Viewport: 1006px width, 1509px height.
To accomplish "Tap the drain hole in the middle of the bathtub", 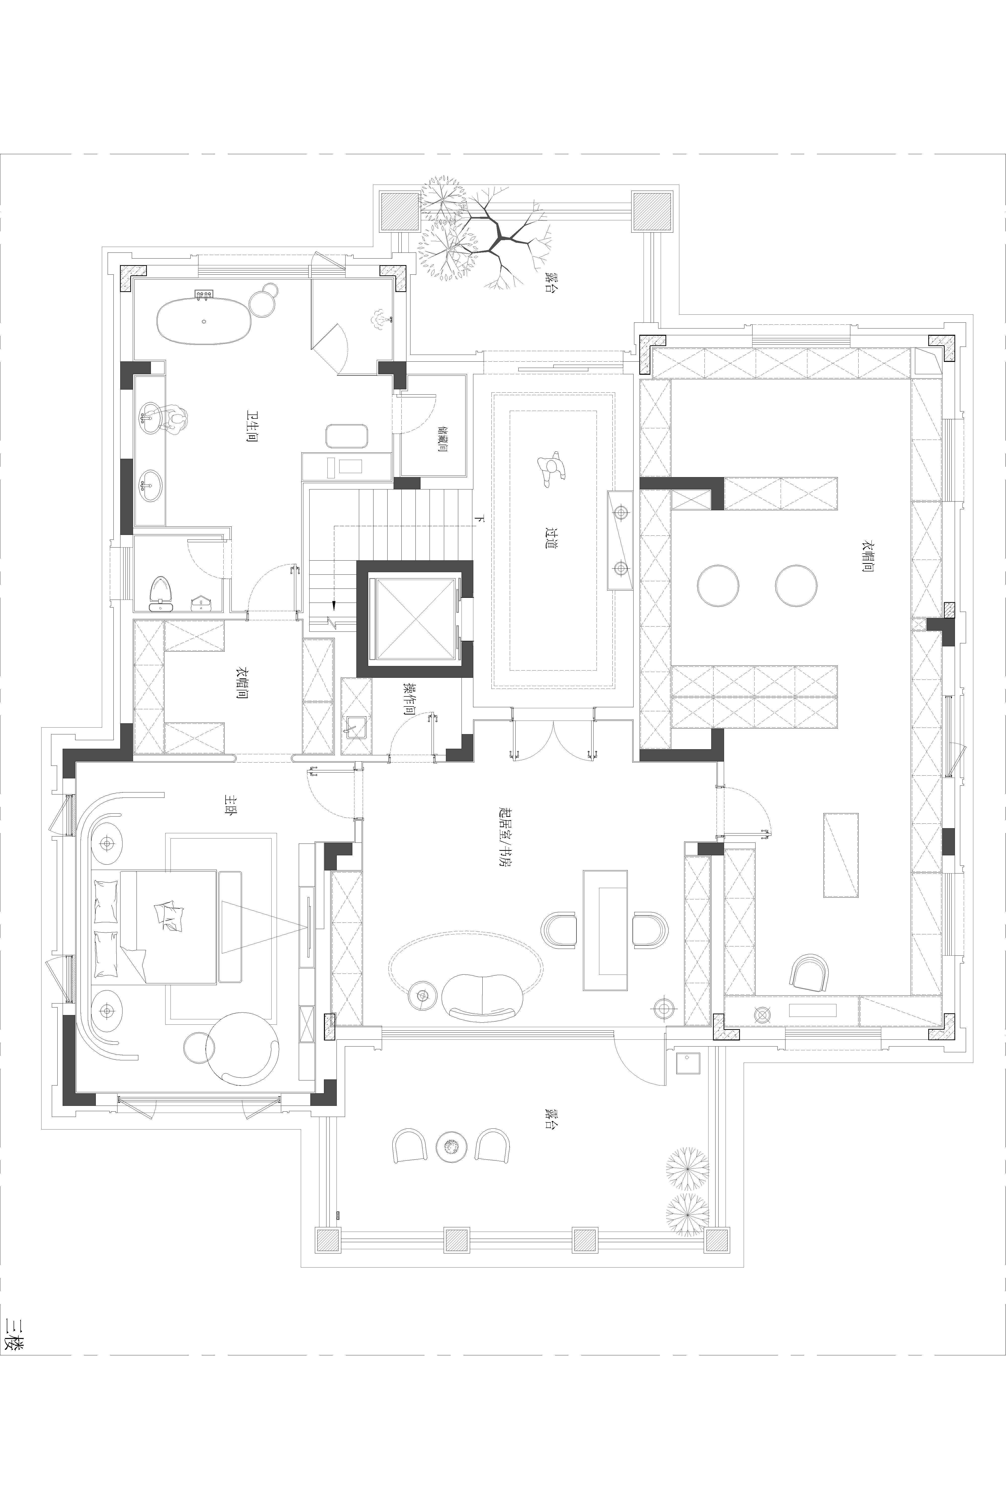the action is [x=204, y=321].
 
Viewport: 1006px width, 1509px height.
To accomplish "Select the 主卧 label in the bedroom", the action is [x=229, y=805].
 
